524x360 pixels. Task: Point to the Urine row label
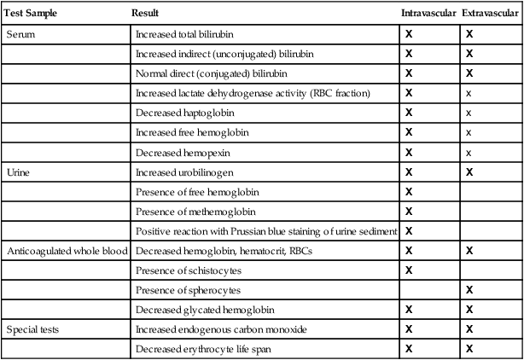[x=18, y=171]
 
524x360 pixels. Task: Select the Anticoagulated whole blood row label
[x=67, y=251]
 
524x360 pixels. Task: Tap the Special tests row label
[x=31, y=329]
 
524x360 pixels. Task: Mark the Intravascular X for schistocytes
[x=409, y=270]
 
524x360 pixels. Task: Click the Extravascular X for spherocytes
[x=469, y=290]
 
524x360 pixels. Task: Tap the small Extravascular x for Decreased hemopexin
[x=469, y=152]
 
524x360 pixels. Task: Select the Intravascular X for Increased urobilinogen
[x=409, y=171]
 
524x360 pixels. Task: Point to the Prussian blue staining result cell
[x=266, y=231]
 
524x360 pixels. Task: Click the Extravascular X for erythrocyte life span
[x=469, y=349]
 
